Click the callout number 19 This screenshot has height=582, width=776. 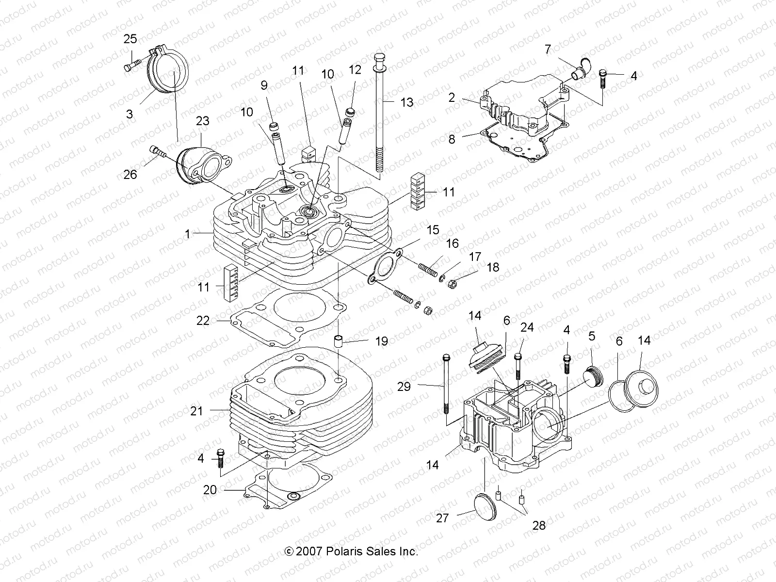[x=381, y=341]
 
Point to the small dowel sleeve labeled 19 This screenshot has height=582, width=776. [x=338, y=340]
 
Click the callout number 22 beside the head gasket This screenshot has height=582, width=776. [x=203, y=321]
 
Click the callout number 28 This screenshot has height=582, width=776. [x=539, y=525]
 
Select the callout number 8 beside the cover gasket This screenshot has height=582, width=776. [x=452, y=139]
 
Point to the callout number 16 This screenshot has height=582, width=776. [x=452, y=243]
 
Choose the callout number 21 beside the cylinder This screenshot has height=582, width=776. [x=196, y=411]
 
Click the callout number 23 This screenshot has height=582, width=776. [x=202, y=120]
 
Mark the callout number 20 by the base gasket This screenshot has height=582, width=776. [x=210, y=490]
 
